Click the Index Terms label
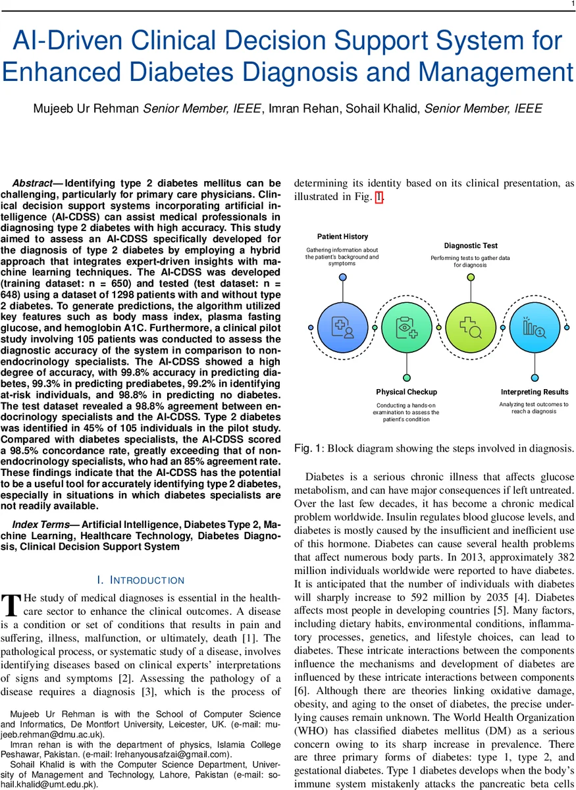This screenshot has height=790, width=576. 41,524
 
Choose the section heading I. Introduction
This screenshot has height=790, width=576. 140,580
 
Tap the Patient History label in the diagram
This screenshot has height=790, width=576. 342,236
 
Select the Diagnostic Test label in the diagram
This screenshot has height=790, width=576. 471,246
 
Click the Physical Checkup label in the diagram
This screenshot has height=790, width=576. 406,392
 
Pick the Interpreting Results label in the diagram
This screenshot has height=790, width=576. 534,392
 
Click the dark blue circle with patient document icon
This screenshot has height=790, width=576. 342,327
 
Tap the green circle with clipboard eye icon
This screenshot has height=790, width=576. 406,327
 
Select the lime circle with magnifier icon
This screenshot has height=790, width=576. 471,327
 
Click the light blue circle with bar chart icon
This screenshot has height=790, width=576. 535,327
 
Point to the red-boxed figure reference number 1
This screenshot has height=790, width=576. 379,197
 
